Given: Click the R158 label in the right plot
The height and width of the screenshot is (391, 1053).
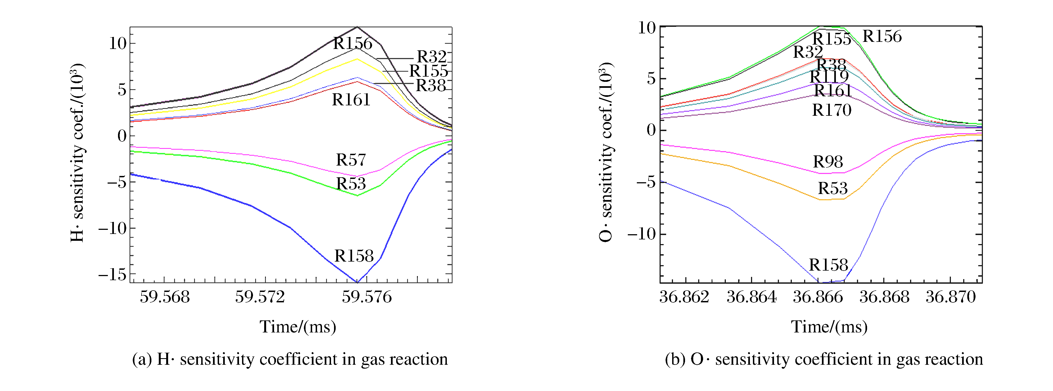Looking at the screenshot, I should (x=828, y=265).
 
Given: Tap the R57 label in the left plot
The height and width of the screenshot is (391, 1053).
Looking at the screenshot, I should (x=351, y=160).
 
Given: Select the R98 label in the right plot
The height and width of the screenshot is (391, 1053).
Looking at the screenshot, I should (x=828, y=162).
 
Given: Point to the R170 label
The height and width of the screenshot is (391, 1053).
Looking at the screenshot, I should (x=832, y=110).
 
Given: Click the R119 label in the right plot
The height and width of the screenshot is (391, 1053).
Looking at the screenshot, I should (x=829, y=77).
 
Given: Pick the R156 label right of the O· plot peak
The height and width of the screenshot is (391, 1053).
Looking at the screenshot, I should (x=882, y=36).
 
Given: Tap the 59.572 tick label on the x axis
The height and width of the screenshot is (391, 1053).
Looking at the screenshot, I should (x=260, y=297).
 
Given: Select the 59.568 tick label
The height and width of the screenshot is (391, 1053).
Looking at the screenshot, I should (x=165, y=297).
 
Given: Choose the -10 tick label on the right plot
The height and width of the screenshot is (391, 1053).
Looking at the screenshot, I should (x=641, y=234).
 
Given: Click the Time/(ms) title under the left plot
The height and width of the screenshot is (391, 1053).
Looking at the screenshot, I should (x=298, y=327).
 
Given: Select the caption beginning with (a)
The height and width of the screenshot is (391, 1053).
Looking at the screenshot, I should (x=290, y=359).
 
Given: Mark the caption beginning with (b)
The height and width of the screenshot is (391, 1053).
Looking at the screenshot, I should (x=824, y=359).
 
